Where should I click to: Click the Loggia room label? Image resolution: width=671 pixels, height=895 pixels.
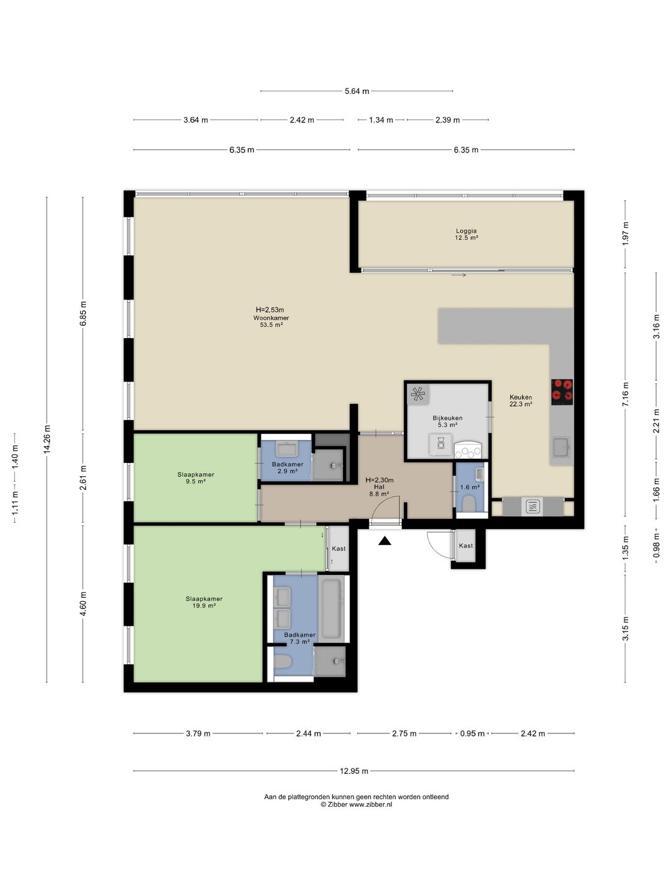[x=466, y=234]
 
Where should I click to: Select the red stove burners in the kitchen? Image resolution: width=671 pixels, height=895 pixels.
[x=562, y=392]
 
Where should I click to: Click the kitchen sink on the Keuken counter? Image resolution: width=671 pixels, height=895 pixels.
[x=562, y=447]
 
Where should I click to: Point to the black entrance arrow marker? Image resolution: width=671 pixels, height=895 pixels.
[x=385, y=541]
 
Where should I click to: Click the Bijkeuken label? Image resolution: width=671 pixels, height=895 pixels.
[x=447, y=421]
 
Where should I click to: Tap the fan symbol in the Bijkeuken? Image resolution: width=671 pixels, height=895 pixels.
[x=418, y=393]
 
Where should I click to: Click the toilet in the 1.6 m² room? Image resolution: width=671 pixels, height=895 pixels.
[x=469, y=504]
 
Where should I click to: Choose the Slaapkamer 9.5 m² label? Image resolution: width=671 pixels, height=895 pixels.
[x=196, y=478]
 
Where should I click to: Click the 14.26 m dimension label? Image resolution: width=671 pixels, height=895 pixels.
[x=47, y=439]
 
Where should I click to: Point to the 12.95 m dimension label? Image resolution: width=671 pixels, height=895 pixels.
[x=354, y=771]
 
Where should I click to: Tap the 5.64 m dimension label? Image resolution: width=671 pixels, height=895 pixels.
[x=357, y=91]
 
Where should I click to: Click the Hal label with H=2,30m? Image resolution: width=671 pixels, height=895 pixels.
[x=379, y=487]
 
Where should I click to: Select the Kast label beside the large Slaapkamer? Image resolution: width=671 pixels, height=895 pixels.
[x=339, y=548]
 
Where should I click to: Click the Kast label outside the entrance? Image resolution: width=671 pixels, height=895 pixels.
[x=466, y=546]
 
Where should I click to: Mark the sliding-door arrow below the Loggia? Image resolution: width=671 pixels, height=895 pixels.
[x=459, y=275]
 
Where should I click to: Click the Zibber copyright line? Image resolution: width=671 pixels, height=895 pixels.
[x=356, y=804]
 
